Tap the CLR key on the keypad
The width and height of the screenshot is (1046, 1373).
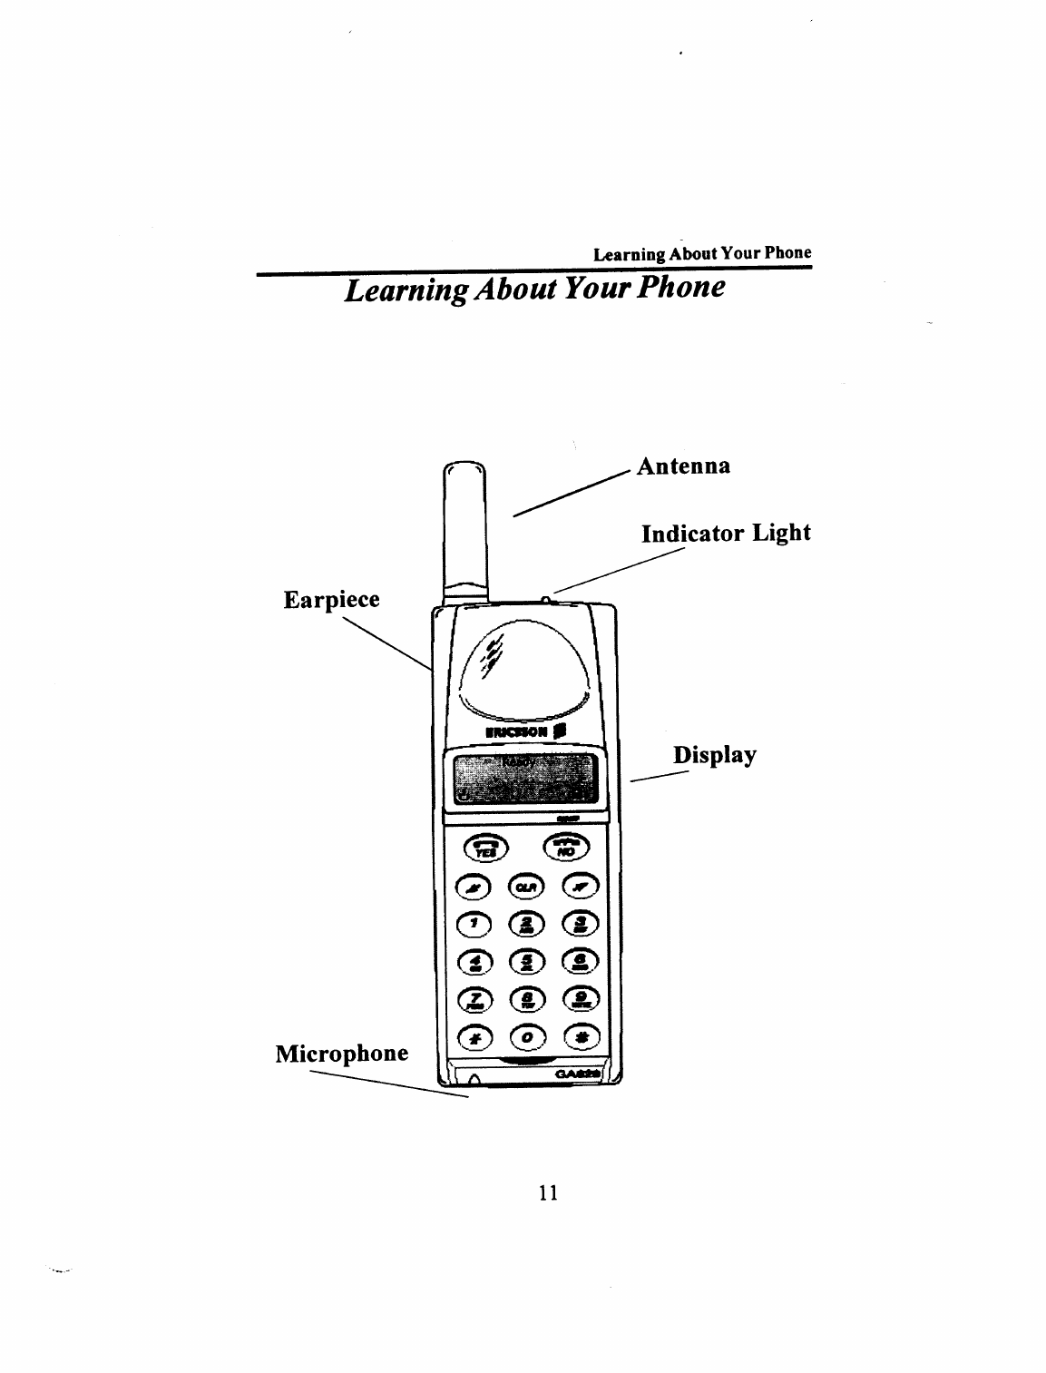pos(527,886)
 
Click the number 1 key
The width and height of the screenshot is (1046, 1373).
pos(475,925)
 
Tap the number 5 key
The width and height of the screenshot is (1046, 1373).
pos(527,962)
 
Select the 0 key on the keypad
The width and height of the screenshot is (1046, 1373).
pos(527,1035)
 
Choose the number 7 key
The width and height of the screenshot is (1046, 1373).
pos(475,999)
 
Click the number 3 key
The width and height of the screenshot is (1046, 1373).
pos(580,925)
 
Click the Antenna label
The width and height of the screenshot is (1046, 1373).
pos(684,466)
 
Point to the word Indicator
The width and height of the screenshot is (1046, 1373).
pos(692,533)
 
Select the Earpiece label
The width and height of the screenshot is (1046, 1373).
pos(331,600)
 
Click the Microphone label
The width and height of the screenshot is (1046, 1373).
pos(342,1054)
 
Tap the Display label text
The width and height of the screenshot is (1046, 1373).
pos(714,756)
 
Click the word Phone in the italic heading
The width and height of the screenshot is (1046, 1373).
pos(683,289)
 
